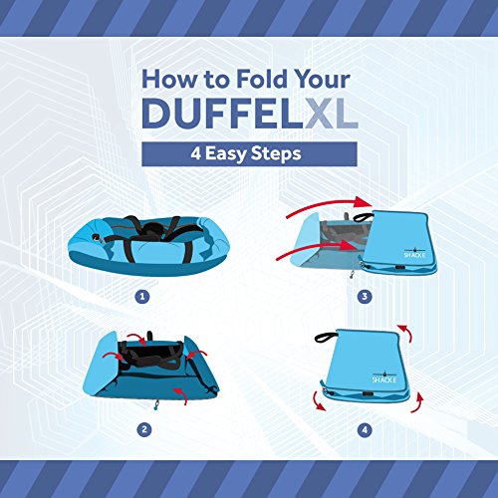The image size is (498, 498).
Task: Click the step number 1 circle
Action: point(142,297)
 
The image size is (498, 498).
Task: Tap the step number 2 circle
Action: point(144,429)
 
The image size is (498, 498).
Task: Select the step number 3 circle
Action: point(365,296)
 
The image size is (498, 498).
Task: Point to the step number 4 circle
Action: point(365,430)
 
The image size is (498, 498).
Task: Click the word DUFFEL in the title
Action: point(222,114)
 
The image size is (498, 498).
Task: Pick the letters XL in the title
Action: point(332,114)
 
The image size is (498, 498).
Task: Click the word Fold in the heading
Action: point(261,79)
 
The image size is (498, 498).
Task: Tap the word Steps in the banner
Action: point(276,154)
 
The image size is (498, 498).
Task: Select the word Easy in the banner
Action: point(225,154)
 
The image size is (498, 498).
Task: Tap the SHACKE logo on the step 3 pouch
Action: point(414,253)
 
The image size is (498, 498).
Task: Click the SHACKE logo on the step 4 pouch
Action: point(384,377)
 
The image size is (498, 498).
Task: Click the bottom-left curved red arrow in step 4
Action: point(318,402)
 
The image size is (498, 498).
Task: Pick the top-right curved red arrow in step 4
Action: point(407,332)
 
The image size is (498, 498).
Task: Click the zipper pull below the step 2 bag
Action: point(156,405)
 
